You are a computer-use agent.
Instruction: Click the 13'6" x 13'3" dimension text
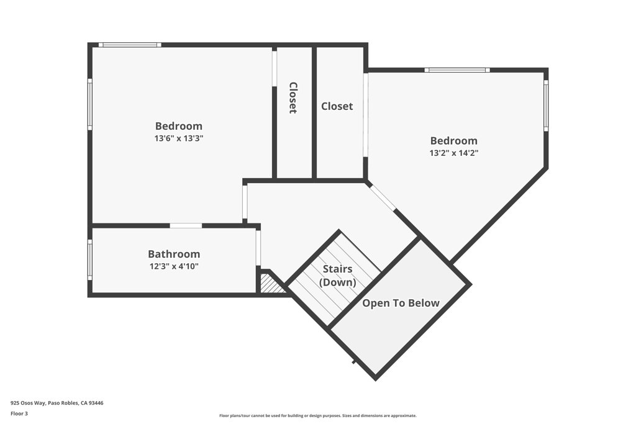click(x=179, y=138)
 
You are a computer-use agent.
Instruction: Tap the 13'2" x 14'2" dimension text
click(x=453, y=153)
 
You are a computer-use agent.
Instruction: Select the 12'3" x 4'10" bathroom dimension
click(x=173, y=266)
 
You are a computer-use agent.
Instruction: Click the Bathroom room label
click(x=174, y=254)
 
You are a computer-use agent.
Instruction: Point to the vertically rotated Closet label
click(x=293, y=98)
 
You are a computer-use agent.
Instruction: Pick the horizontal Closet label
click(x=337, y=106)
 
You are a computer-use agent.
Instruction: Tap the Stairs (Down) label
click(x=337, y=276)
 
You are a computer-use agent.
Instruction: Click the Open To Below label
click(x=401, y=303)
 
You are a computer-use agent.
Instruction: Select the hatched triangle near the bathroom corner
click(x=270, y=284)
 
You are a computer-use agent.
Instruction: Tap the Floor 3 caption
click(x=19, y=413)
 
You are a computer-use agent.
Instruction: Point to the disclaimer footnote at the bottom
click(x=318, y=416)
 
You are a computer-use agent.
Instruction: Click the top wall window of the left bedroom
click(x=130, y=45)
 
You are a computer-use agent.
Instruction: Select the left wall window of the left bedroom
click(x=90, y=104)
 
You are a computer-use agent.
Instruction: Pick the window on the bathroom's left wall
click(x=90, y=260)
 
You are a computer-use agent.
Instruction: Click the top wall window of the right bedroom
click(x=457, y=70)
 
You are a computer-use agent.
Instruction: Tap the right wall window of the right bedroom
click(x=546, y=106)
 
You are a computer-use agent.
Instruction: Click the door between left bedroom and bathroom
click(x=186, y=225)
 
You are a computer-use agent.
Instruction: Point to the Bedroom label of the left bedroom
click(x=179, y=126)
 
